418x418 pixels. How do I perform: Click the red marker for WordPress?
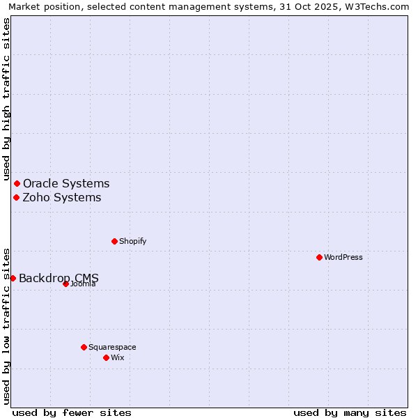[x=319, y=257]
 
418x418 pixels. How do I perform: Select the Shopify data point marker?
[x=114, y=241]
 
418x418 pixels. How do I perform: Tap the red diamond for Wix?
[x=106, y=357]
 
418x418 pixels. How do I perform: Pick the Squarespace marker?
[x=84, y=347]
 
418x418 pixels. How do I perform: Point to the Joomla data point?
[x=65, y=284]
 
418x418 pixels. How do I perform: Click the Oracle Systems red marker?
[x=17, y=183]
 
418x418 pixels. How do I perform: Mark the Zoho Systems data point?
[x=16, y=197]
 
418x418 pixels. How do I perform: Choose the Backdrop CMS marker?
[x=13, y=278]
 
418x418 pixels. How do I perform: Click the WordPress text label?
[x=343, y=257]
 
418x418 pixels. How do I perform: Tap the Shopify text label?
[x=132, y=241]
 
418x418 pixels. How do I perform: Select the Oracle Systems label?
[x=66, y=183]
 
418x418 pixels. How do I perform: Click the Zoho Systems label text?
[x=62, y=197]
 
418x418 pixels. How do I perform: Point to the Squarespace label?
[x=112, y=347]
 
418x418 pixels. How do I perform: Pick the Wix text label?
[x=117, y=357]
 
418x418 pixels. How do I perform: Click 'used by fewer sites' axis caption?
[x=72, y=412]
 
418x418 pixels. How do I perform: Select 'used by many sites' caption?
[x=350, y=412]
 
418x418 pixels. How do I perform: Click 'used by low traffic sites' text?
[x=6, y=326]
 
